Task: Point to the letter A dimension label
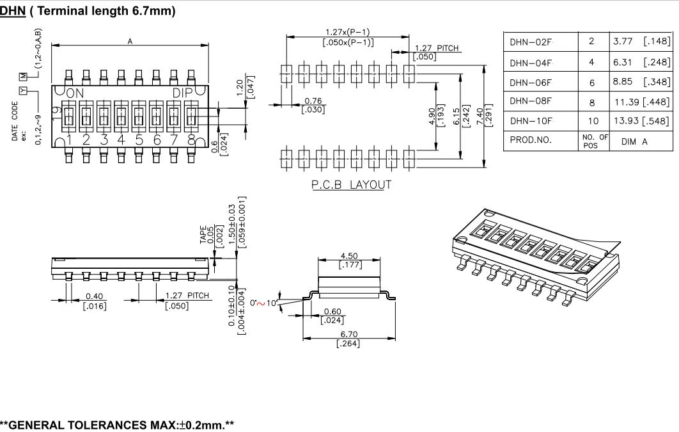130,41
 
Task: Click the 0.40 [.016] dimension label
95,300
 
